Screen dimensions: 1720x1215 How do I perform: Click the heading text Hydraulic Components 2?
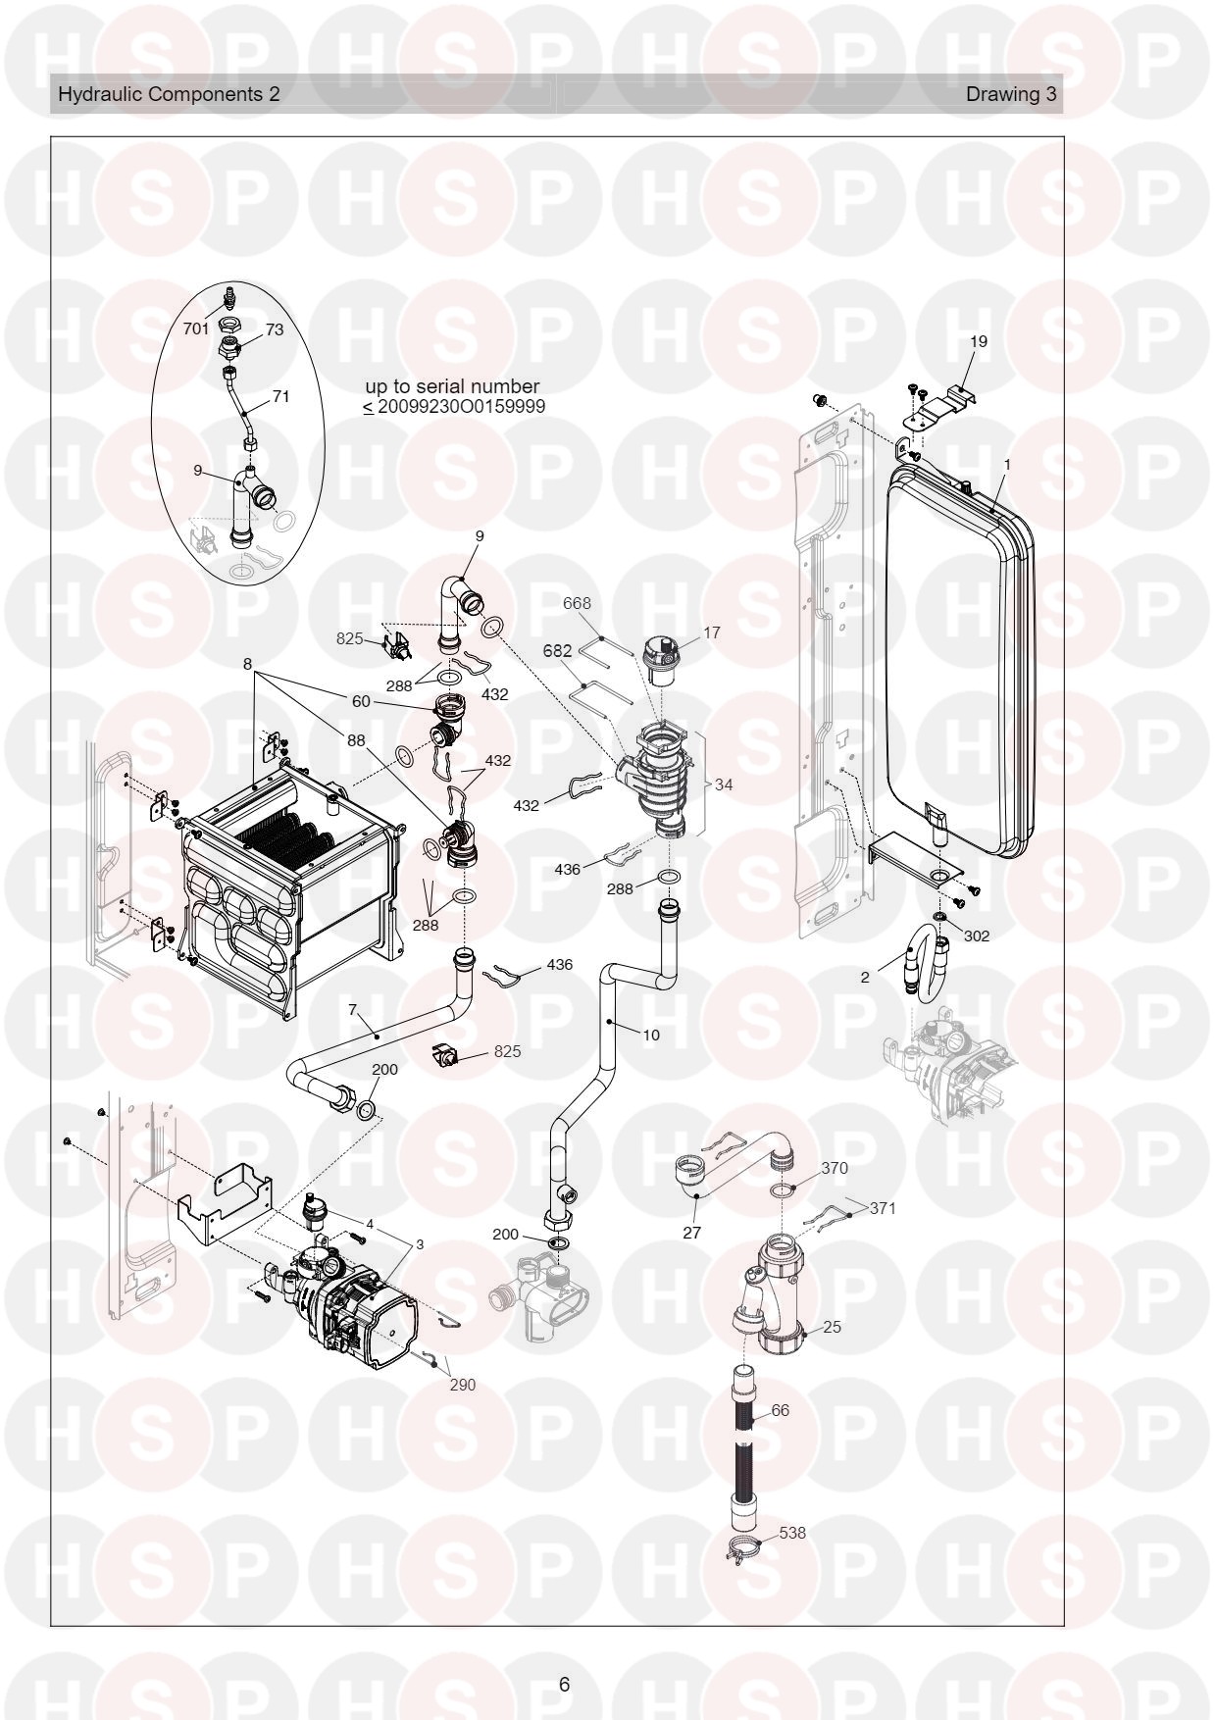coord(169,94)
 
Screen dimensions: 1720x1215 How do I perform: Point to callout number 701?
coord(196,329)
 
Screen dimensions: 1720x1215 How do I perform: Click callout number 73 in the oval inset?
coord(275,329)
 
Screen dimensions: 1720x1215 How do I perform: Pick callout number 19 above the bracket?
coord(979,341)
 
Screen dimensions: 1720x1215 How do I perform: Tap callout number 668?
coord(577,603)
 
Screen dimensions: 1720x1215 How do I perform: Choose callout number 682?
coord(557,650)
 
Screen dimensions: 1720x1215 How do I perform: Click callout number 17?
coord(712,632)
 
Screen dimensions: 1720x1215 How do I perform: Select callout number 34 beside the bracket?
coord(724,784)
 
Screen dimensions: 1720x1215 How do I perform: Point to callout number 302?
coord(977,936)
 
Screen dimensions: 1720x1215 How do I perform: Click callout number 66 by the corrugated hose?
coord(781,1410)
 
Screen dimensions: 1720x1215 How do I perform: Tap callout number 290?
coord(462,1385)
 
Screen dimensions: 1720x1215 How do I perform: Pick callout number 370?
coord(835,1168)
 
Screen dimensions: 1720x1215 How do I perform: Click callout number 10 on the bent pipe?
coord(652,1034)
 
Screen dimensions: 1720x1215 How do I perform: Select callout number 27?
coord(692,1233)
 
